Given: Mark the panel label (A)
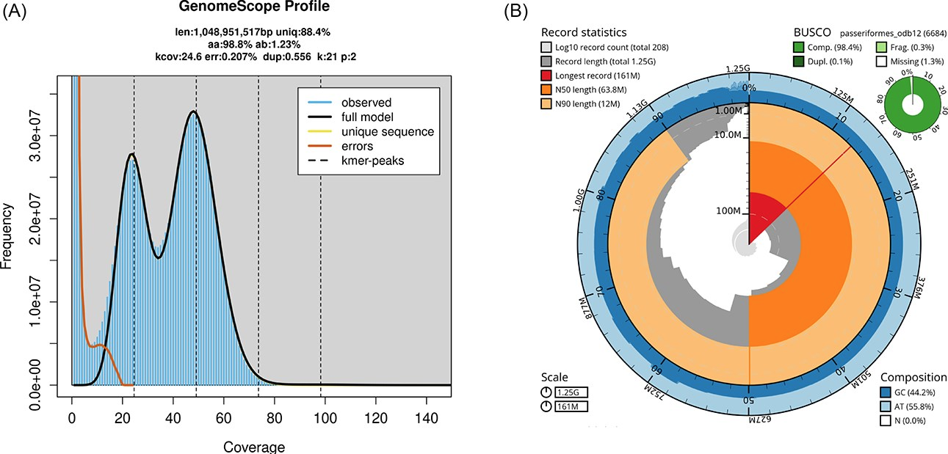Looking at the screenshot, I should point(17,12).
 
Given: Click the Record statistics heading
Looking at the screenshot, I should point(584,32).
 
